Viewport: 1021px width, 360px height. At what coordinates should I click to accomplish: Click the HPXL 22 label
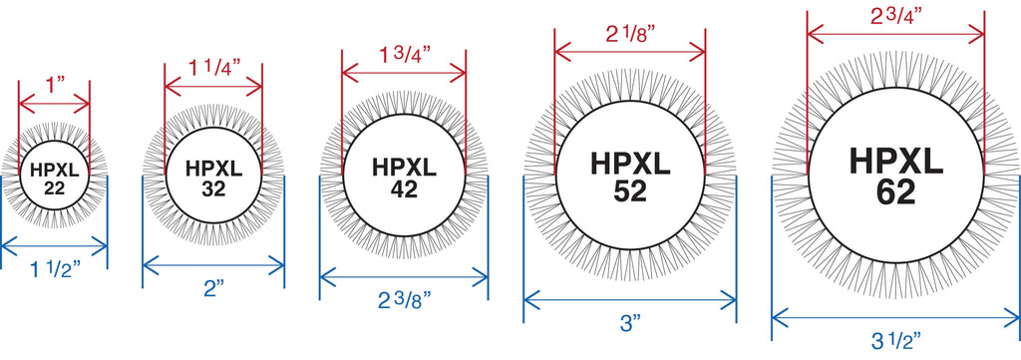point(54,180)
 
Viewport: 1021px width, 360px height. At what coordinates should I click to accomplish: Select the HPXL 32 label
point(213,178)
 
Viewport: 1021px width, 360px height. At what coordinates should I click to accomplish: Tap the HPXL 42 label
point(405,178)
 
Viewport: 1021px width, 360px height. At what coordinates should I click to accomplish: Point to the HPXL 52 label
point(630,177)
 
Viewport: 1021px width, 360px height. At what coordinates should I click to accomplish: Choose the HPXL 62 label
point(896,177)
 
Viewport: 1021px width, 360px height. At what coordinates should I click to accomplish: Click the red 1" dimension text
point(54,85)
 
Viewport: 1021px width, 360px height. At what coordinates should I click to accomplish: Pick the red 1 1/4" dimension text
point(214,67)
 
